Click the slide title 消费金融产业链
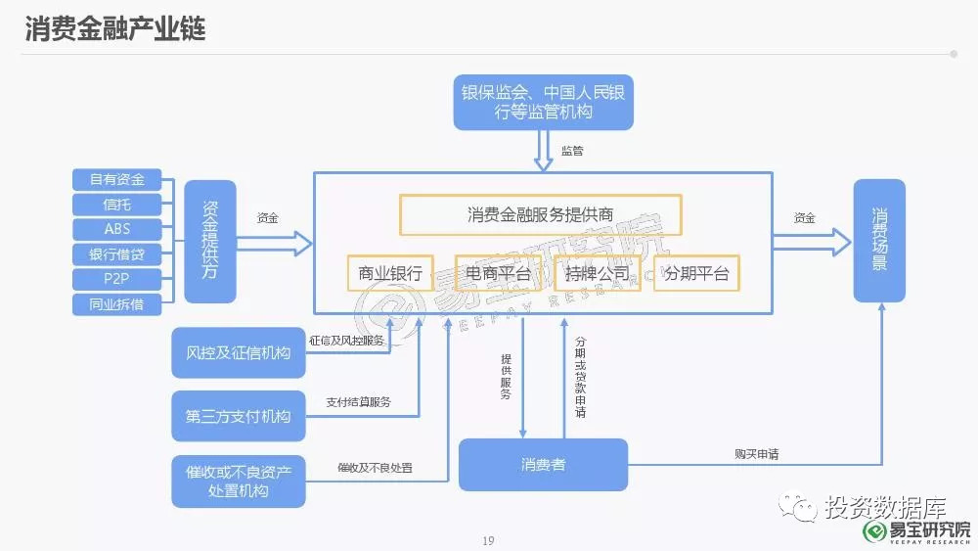coord(115,28)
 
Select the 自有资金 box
coord(117,180)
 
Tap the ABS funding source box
coord(117,229)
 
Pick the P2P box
coord(117,279)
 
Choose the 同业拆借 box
coord(117,304)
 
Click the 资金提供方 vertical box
coord(210,242)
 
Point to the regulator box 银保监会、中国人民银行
coord(543,103)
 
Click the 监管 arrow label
coord(572,151)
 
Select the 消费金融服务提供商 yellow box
coord(540,214)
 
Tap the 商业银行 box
coord(390,273)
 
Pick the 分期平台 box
coord(696,273)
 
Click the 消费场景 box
coord(879,240)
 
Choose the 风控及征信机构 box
coord(239,352)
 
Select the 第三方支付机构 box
coord(239,416)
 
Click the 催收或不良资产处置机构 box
coord(239,482)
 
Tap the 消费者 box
coord(543,464)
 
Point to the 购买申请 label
coord(757,454)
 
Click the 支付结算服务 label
coord(359,402)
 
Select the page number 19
coord(488,540)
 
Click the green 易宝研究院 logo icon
coord(874,531)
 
